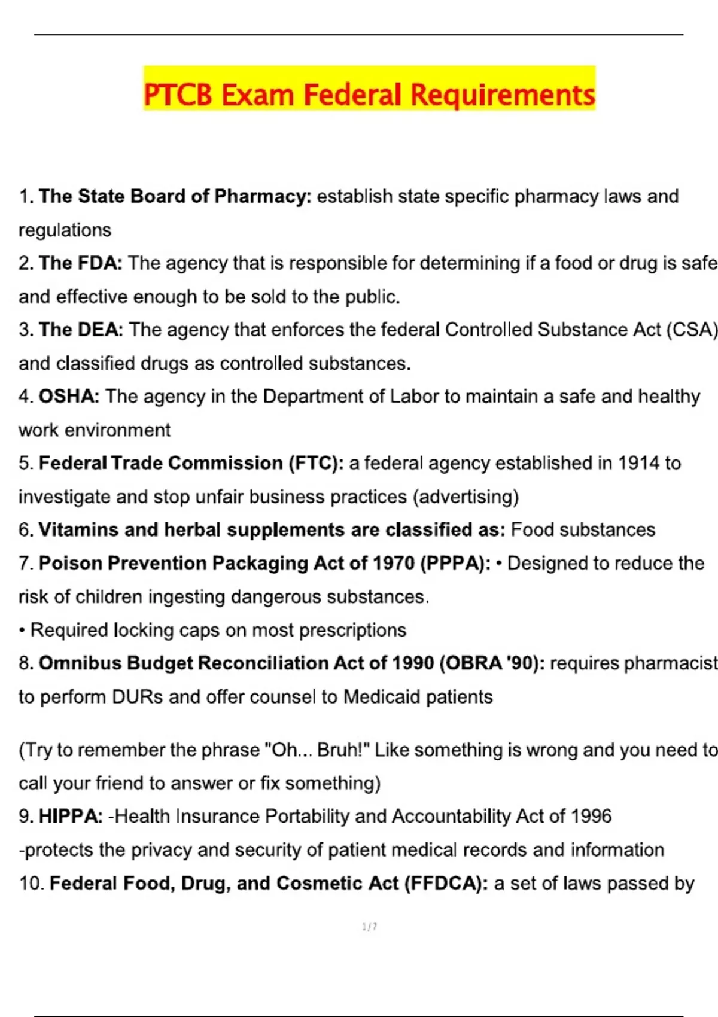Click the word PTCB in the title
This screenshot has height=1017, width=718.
[x=178, y=95]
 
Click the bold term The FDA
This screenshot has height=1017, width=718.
[x=80, y=263]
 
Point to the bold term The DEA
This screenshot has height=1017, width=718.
[x=81, y=330]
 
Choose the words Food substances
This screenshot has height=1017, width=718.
[x=583, y=530]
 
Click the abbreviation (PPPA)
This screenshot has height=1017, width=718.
[x=455, y=564]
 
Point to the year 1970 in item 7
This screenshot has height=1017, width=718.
[x=393, y=564]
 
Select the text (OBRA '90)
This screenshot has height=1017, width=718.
[x=491, y=663]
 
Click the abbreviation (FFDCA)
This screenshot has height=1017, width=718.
[x=446, y=884]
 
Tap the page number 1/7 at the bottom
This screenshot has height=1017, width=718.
[x=369, y=927]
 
